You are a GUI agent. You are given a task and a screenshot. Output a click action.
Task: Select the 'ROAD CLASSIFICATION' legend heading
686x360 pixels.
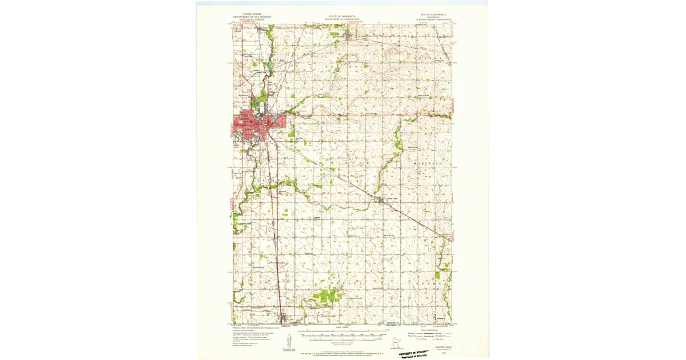pos(439,327)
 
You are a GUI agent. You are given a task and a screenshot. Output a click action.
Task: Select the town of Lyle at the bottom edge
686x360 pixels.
pos(284,318)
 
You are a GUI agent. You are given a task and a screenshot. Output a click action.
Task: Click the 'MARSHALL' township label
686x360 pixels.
pos(424,163)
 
